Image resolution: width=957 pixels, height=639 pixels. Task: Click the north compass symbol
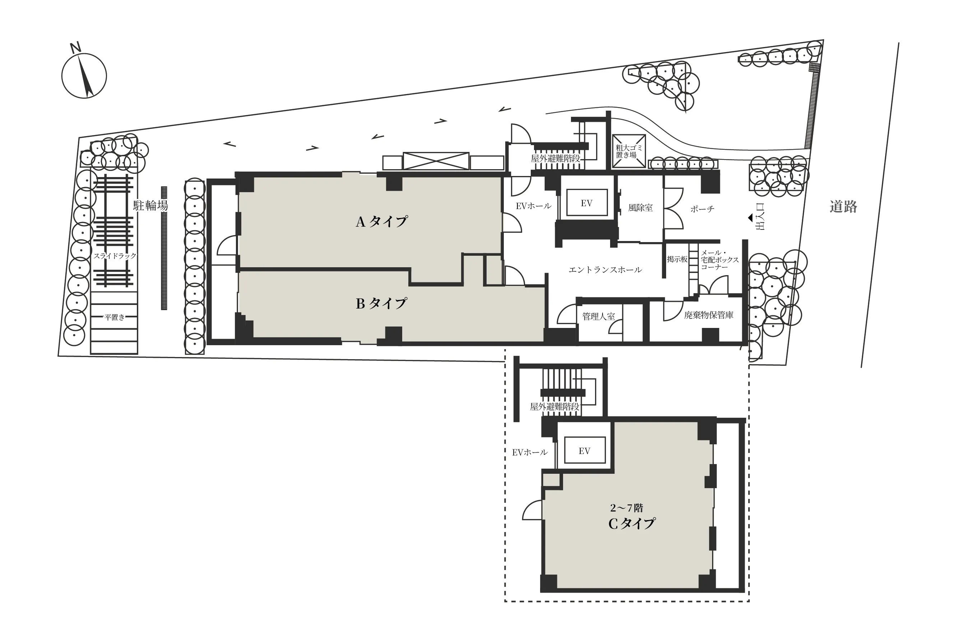[84, 75]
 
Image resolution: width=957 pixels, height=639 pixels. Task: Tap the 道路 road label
[843, 207]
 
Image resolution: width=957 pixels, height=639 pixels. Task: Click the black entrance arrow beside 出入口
[750, 218]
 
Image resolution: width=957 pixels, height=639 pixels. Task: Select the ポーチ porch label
[702, 209]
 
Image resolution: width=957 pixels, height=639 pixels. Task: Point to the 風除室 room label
[640, 208]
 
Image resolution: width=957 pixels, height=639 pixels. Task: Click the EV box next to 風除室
[586, 203]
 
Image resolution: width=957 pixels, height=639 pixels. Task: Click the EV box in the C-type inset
[584, 451]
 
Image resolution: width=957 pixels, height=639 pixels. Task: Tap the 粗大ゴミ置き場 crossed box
[629, 151]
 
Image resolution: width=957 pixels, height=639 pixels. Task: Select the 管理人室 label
[598, 316]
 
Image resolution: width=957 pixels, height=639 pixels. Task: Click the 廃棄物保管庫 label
[709, 315]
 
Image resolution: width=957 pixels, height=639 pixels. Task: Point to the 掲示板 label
[677, 259]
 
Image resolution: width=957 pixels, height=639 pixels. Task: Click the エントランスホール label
[605, 270]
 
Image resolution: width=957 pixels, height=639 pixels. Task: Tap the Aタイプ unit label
[381, 222]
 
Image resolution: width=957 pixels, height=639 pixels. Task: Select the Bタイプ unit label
[381, 304]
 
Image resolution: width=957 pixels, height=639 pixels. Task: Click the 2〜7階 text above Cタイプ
[627, 508]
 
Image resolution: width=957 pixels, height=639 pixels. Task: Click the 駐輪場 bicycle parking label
[150, 205]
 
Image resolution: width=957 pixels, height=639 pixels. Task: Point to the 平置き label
[114, 317]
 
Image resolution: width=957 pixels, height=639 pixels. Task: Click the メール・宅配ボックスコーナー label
[720, 260]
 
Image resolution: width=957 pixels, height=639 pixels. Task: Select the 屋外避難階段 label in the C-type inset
[554, 407]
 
